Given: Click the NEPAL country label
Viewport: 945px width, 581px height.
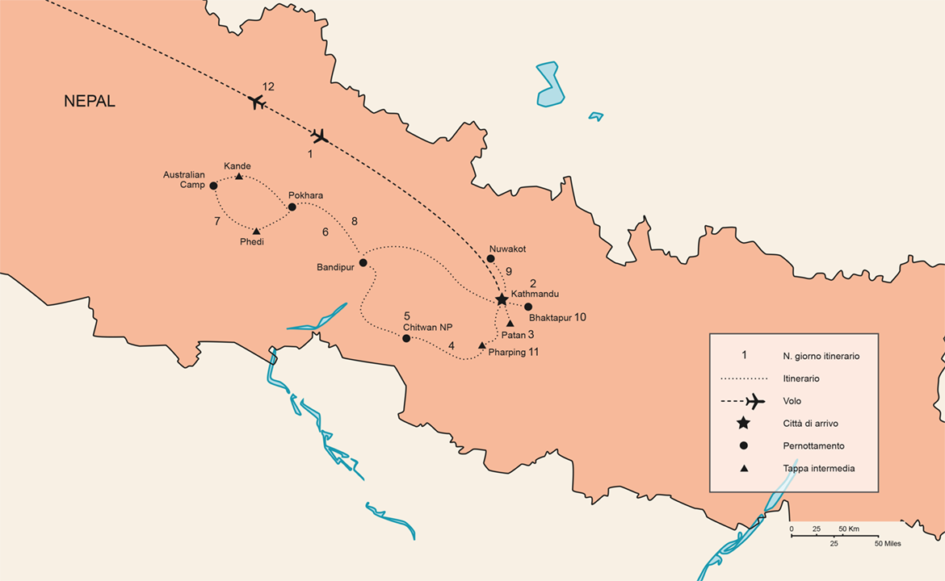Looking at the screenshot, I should pyautogui.click(x=90, y=102).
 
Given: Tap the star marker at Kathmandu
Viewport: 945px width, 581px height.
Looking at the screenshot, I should pyautogui.click(x=502, y=299).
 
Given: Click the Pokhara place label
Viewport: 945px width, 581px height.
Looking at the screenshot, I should pyautogui.click(x=305, y=195).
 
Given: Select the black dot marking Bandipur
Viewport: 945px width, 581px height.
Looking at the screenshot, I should pyautogui.click(x=363, y=262).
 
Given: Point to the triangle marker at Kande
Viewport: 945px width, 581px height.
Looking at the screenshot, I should pyautogui.click(x=239, y=176).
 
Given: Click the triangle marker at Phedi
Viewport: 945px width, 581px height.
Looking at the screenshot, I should pyautogui.click(x=256, y=231).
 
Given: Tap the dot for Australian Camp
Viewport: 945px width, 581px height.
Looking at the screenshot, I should pyautogui.click(x=213, y=186).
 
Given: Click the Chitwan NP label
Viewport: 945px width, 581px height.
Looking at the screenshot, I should pyautogui.click(x=427, y=327).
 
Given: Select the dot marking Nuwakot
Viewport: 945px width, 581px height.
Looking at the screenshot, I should pyautogui.click(x=490, y=258).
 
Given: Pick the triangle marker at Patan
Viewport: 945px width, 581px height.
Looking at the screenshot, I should pyautogui.click(x=510, y=323).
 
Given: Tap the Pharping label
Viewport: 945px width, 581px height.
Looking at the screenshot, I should pyautogui.click(x=506, y=353).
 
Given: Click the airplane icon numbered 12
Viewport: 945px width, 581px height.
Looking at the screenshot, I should pyautogui.click(x=257, y=102).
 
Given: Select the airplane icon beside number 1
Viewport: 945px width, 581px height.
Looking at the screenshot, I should pyautogui.click(x=320, y=136).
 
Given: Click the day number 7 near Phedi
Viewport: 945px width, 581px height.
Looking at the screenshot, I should pyautogui.click(x=217, y=220).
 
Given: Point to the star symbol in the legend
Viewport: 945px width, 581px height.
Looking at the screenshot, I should pyautogui.click(x=744, y=423).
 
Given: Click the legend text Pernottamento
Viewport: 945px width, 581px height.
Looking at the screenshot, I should pyautogui.click(x=813, y=445).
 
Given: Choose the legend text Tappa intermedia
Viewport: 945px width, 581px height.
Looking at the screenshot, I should pyautogui.click(x=818, y=468).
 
